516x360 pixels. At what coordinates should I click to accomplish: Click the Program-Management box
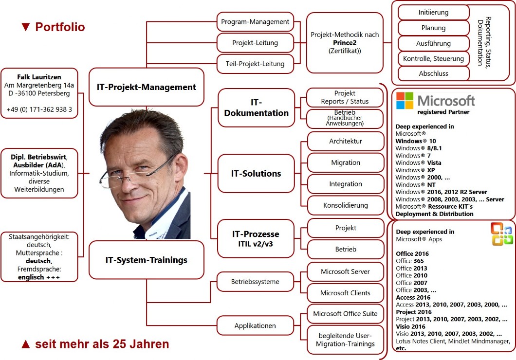click(x=255, y=22)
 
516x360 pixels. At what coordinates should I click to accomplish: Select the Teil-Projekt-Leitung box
click(x=255, y=64)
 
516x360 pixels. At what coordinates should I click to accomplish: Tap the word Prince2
click(x=345, y=43)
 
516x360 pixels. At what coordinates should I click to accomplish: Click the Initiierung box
click(x=433, y=13)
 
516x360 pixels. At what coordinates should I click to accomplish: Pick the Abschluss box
click(x=433, y=73)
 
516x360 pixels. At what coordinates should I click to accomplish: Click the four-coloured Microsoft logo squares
click(x=405, y=101)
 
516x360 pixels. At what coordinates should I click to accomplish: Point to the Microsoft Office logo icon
click(x=501, y=234)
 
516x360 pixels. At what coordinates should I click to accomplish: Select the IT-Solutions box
click(x=256, y=174)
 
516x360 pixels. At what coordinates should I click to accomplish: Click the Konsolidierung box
click(x=346, y=205)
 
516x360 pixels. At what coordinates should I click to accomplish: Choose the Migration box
click(x=346, y=163)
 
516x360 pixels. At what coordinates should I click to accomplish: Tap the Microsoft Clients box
click(x=345, y=293)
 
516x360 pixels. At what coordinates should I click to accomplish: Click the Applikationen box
click(x=255, y=326)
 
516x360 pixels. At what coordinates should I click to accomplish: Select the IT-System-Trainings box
click(x=147, y=260)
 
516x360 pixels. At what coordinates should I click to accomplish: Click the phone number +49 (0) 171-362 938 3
click(x=39, y=109)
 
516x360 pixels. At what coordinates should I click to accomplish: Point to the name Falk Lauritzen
click(x=39, y=77)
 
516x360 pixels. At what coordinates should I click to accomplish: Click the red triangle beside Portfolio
click(x=26, y=27)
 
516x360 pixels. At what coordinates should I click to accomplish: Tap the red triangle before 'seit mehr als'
click(x=26, y=344)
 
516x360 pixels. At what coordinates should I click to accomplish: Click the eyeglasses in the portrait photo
click(x=138, y=174)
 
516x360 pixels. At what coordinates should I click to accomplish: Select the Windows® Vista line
click(x=418, y=163)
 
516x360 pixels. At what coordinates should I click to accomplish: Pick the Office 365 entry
click(x=410, y=261)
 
